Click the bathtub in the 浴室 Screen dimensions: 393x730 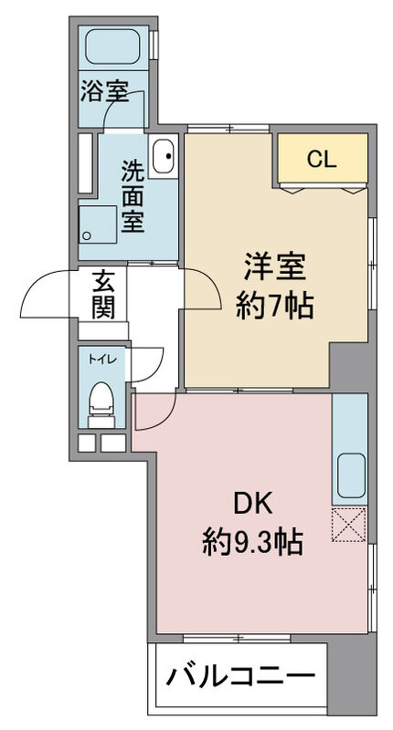click(113, 47)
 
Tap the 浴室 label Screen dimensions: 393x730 click(104, 91)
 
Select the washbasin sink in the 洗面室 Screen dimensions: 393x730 click(165, 156)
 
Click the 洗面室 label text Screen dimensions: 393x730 click(133, 196)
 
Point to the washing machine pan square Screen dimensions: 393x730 click(97, 224)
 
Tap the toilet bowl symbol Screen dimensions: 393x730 click(101, 399)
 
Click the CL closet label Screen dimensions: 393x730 click(322, 161)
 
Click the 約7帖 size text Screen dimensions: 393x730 click(274, 306)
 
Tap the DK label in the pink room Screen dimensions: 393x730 click(252, 506)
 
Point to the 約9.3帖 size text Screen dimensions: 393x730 click(252, 542)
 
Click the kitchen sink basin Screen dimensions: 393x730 click(351, 474)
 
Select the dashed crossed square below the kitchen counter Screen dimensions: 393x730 click(348, 525)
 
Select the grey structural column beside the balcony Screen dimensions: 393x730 click(352, 679)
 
